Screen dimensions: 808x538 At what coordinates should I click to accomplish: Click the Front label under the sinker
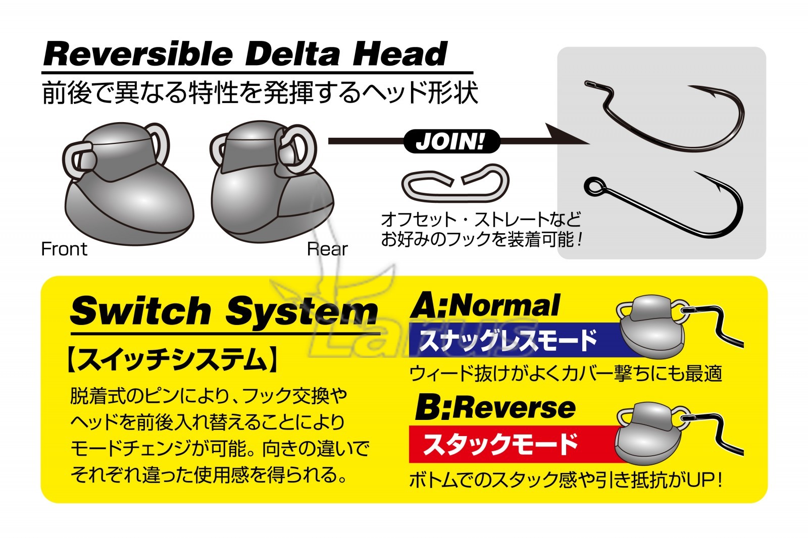pyautogui.click(x=64, y=249)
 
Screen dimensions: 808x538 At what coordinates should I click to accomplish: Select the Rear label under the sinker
pyautogui.click(x=327, y=249)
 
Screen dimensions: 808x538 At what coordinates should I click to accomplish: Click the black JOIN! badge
pyautogui.click(x=451, y=141)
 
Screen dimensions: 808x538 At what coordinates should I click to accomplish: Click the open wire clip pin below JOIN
pyautogui.click(x=455, y=183)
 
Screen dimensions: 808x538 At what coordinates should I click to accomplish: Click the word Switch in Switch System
pyautogui.click(x=141, y=310)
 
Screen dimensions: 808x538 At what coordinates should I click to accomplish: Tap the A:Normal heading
pyautogui.click(x=485, y=306)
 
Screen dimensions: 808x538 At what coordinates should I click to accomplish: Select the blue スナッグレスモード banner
pyautogui.click(x=516, y=340)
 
